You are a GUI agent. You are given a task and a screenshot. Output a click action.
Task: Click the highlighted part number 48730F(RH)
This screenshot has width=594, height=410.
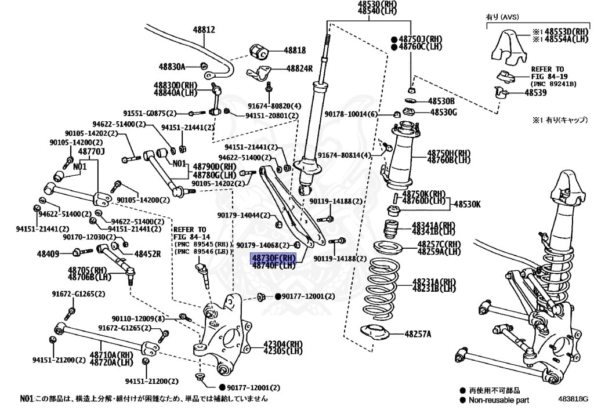(x=273, y=257)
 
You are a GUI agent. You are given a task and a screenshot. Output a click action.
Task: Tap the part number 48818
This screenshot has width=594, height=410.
(x=295, y=50)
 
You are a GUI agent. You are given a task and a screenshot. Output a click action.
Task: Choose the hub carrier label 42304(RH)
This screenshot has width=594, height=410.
(x=283, y=343)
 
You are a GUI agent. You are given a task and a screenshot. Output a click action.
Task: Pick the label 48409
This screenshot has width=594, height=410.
(x=48, y=253)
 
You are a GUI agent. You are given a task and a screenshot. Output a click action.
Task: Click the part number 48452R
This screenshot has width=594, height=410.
(x=147, y=253)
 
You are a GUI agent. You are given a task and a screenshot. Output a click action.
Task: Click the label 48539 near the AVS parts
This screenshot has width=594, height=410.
(x=536, y=92)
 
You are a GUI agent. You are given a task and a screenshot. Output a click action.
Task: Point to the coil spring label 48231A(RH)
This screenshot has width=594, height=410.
(x=434, y=282)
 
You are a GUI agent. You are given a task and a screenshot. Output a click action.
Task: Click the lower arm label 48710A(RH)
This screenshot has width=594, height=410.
(x=112, y=354)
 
